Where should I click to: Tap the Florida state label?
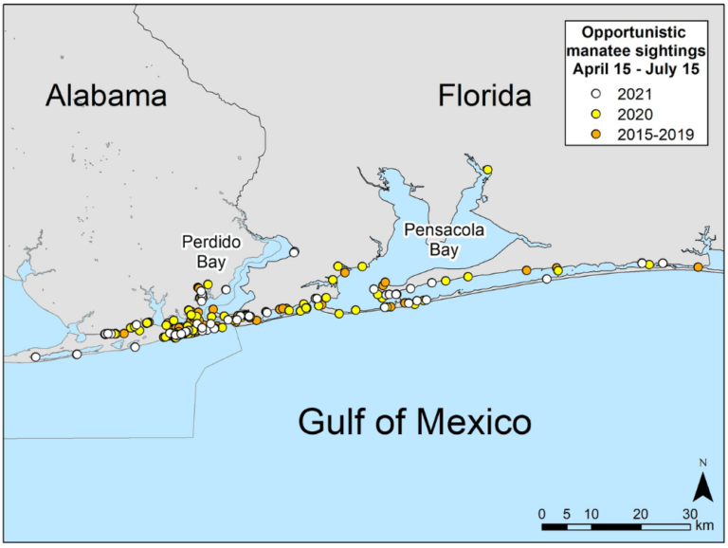point(484,96)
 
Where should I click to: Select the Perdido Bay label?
point(206,249)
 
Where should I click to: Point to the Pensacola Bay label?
point(431,238)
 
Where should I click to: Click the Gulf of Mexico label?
point(414,420)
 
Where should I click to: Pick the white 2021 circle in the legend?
point(596,94)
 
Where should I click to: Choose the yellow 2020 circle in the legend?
point(596,115)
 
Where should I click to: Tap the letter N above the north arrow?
point(702,463)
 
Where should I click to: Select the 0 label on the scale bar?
point(541,514)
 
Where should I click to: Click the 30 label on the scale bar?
point(690,514)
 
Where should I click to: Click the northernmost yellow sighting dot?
point(487,170)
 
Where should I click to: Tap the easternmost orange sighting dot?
point(698,267)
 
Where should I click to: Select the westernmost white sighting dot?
point(35,357)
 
